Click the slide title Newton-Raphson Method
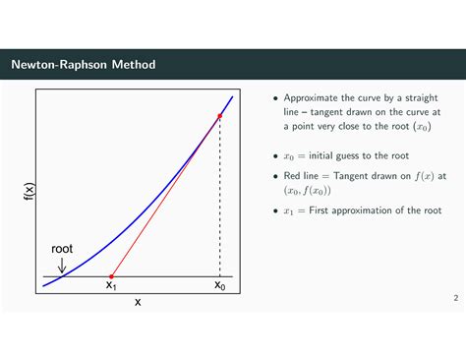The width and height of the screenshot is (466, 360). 83,65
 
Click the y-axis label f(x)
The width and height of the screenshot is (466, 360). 29,193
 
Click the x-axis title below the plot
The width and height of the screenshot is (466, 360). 138,302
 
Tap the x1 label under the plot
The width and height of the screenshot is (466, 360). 111,286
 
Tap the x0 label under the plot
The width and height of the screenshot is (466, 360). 220,286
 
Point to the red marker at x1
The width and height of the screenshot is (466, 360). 111,276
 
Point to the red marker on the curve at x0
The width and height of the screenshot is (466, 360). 219,115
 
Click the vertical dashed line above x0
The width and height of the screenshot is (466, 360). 219,197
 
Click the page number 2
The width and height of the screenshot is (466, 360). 455,297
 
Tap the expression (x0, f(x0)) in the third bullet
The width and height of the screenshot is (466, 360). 309,191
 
